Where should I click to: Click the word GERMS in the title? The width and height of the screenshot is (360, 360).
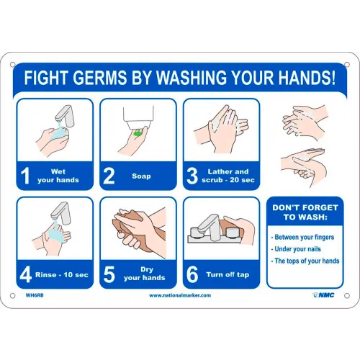pyautogui.click(x=99, y=77)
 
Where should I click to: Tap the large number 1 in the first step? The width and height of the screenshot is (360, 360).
pyautogui.click(x=25, y=176)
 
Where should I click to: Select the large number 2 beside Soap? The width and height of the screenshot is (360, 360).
pyautogui.click(x=109, y=176)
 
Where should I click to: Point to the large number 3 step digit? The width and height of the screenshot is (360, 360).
pyautogui.click(x=192, y=176)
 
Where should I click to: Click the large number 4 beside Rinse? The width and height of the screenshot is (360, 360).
pyautogui.click(x=26, y=274)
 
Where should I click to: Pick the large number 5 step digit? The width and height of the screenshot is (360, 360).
pyautogui.click(x=109, y=274)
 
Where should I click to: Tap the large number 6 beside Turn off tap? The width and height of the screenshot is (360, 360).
pyautogui.click(x=192, y=274)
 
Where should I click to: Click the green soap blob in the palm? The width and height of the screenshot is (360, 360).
pyautogui.click(x=138, y=132)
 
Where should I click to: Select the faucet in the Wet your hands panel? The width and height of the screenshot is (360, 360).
pyautogui.click(x=64, y=116)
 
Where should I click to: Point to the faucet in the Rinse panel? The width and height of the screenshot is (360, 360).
pyautogui.click(x=60, y=212)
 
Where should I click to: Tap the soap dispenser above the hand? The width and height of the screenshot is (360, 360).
pyautogui.click(x=138, y=117)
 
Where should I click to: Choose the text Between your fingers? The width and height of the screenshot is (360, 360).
pyautogui.click(x=304, y=237)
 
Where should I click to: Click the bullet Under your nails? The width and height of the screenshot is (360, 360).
pyautogui.click(x=297, y=249)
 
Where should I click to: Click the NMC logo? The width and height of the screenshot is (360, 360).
pyautogui.click(x=323, y=295)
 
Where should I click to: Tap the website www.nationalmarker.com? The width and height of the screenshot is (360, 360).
pyautogui.click(x=180, y=295)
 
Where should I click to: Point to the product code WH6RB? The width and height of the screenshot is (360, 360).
pyautogui.click(x=35, y=295)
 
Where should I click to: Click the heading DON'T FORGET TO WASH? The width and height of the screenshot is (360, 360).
pyautogui.click(x=305, y=212)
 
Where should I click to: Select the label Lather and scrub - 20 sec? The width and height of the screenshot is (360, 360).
pyautogui.click(x=228, y=176)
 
